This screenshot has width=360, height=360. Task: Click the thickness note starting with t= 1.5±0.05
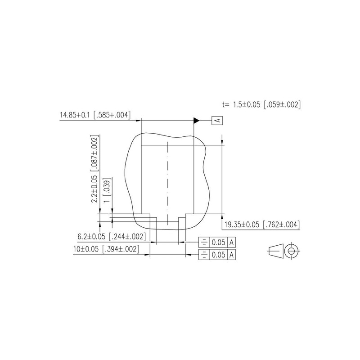point(261,104)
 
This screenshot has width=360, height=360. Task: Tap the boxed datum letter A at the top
point(217,120)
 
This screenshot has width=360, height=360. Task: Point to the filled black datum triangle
point(197,120)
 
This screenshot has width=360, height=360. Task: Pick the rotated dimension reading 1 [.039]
point(107,191)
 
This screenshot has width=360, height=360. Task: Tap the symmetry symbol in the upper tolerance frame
point(204,243)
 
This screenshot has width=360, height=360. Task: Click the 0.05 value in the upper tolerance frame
point(219,243)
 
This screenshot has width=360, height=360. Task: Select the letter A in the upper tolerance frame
point(232,243)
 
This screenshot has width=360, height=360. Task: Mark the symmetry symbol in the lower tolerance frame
point(204,255)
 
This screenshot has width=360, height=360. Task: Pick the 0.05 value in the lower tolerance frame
point(219,255)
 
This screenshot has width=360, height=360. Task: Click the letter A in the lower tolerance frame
point(232,255)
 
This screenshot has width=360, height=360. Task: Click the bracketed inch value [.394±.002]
point(120,248)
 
